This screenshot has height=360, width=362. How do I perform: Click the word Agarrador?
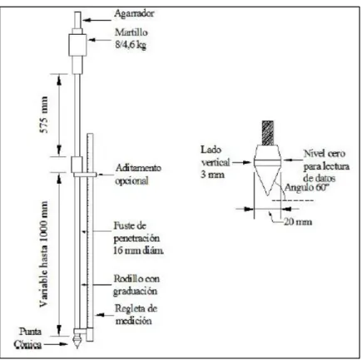[x=134, y=14]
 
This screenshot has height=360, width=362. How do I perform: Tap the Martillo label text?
[x=131, y=32]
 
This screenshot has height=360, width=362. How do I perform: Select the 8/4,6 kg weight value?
[x=131, y=45]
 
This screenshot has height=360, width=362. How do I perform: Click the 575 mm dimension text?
[x=44, y=115]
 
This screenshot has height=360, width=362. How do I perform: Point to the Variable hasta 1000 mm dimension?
[x=44, y=254]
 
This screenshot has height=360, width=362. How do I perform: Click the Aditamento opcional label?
[x=138, y=175]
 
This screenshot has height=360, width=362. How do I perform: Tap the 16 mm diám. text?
[x=138, y=250]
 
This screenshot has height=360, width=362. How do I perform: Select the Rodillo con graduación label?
[x=136, y=285]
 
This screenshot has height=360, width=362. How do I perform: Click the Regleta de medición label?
[x=136, y=314]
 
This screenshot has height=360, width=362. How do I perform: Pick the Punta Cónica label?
[x=27, y=338]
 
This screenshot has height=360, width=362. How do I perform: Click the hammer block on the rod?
[x=77, y=45]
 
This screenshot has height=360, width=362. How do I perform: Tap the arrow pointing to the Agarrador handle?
[x=97, y=20]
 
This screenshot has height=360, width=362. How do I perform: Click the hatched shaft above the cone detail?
[x=268, y=133]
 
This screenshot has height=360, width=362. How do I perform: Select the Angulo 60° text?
[x=307, y=188]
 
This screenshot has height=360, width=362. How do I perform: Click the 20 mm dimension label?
[x=298, y=222]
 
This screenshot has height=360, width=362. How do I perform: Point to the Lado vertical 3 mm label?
[x=216, y=162]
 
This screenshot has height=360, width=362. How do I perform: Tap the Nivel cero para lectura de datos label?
[x=326, y=165]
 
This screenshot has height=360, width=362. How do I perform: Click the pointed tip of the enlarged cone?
[x=267, y=195]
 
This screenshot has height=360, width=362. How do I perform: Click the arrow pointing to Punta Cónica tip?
[x=56, y=344]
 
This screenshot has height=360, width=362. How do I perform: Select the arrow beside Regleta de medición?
[x=104, y=315]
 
